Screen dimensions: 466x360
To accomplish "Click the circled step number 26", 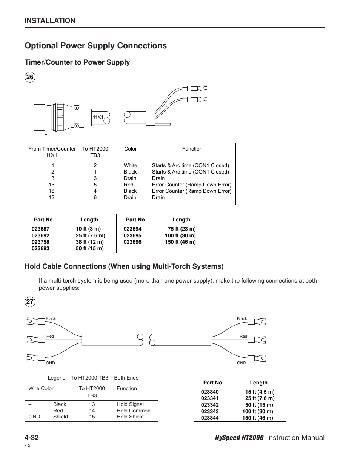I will coord(30,77).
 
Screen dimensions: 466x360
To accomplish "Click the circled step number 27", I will coord(30,301).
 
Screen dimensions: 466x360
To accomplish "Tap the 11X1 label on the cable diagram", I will coord(98,117).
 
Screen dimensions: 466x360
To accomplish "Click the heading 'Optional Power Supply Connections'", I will coord(95,46).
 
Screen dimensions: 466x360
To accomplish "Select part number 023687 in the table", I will coord(40,229).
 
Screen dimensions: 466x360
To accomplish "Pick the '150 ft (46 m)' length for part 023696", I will coord(180,242).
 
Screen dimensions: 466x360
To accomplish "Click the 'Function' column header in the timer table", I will coord(192,149).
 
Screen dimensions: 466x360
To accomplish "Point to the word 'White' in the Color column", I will coord(130,165).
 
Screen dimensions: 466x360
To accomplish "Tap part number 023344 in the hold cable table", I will coord(210,418).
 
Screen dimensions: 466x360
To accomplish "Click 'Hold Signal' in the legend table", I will coord(130,404).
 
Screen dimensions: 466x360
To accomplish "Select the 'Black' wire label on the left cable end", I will coord(51,318).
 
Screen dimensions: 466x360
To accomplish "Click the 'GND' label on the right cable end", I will coord(242,363).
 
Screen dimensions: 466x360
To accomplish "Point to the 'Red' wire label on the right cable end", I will coord(243,336).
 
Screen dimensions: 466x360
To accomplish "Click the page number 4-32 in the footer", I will coord(32,438).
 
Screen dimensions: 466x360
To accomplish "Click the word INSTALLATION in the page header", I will coord(50,21).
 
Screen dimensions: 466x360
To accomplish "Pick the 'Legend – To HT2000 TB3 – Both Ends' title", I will coord(93,378).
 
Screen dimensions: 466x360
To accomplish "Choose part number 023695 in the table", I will coord(132,235).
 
